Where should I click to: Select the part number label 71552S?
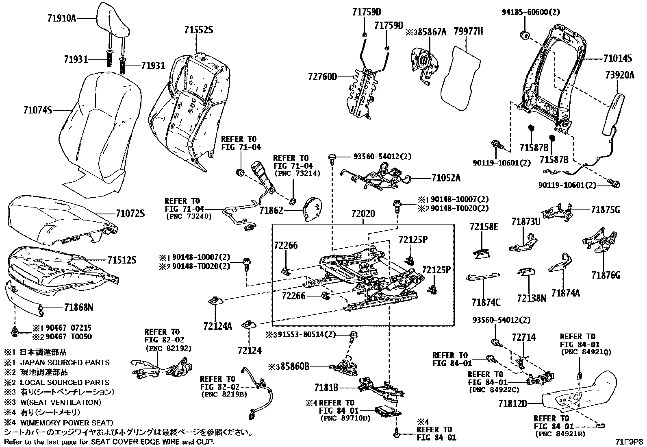coord(198,31)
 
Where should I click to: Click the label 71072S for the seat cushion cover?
coord(130,213)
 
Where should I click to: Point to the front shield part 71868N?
coord(22,297)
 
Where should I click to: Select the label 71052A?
coord(446,178)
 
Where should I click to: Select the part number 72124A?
coord(218,326)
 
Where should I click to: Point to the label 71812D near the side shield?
coord(513,404)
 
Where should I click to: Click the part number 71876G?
coord(606,275)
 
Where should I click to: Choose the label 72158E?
coord(484,227)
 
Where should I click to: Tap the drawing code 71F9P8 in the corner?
coord(629,441)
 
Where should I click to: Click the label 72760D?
coord(323,76)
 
